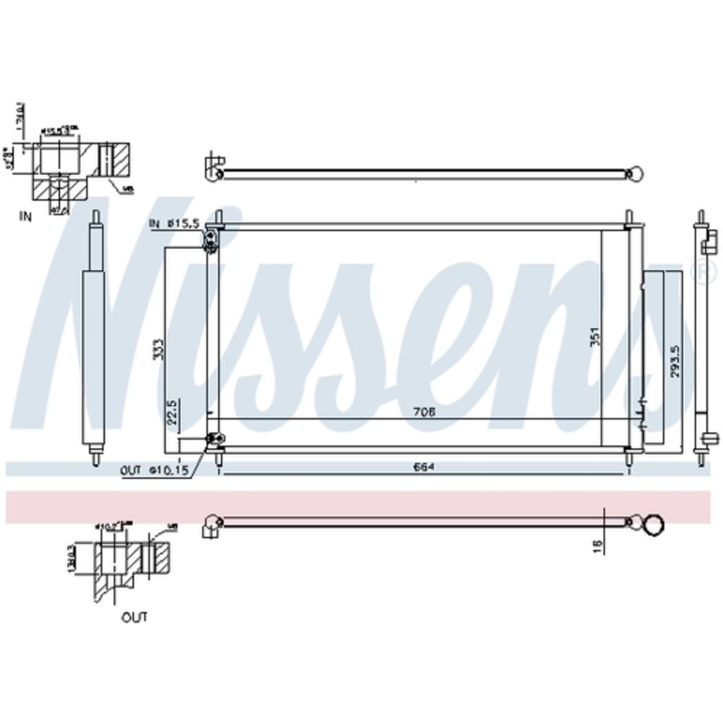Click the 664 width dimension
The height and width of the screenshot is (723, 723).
click(x=423, y=466)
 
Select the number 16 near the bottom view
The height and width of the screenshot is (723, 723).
click(x=595, y=547)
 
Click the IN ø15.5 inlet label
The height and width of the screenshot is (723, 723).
click(x=174, y=224)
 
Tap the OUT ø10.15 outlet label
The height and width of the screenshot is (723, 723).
click(x=155, y=470)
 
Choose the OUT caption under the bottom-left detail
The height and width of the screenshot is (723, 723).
click(x=134, y=617)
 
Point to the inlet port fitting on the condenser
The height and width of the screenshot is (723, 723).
click(x=210, y=239)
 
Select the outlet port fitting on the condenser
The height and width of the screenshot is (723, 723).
click(x=213, y=439)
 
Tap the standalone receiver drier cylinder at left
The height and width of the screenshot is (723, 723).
click(x=95, y=340)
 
